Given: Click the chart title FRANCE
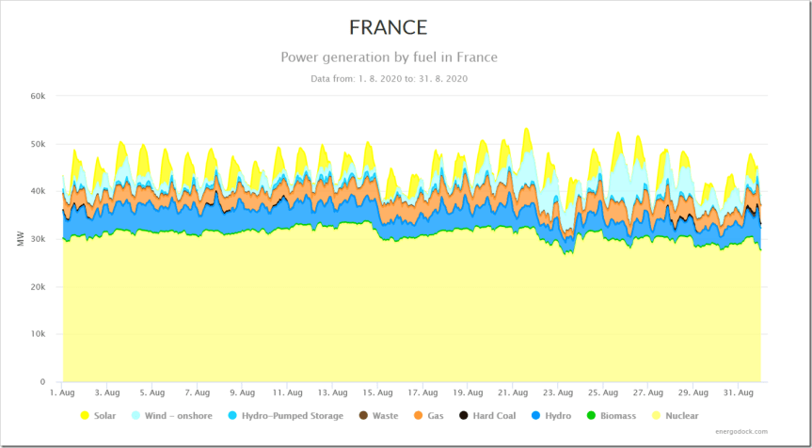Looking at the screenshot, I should click(x=389, y=27).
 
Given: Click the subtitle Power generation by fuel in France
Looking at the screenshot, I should click(x=389, y=57).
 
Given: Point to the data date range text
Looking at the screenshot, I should click(x=389, y=79).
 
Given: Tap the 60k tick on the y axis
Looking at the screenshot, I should click(x=39, y=96).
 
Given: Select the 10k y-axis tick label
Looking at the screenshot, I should click(x=39, y=334).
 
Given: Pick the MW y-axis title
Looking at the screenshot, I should click(x=21, y=240).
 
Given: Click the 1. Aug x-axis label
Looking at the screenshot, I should click(x=61, y=392).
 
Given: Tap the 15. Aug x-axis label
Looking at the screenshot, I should click(x=377, y=392).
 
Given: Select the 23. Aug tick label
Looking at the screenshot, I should click(x=558, y=392).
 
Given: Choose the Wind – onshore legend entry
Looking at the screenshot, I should click(x=172, y=415).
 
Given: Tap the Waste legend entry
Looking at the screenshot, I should click(x=376, y=415).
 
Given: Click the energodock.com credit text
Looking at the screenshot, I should click(x=740, y=432).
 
